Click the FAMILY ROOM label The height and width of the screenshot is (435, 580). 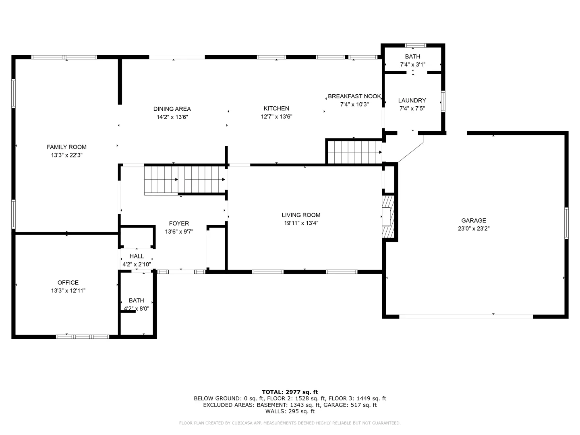(66, 147)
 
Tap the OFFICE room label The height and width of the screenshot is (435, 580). (68, 282)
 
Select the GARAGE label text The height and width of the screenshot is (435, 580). (474, 220)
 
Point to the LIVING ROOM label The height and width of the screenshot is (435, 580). (301, 215)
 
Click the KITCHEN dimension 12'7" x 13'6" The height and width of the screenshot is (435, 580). (276, 116)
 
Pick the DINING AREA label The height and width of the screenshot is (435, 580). (172, 109)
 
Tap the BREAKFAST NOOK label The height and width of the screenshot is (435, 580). (354, 96)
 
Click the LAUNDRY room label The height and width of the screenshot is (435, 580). (412, 100)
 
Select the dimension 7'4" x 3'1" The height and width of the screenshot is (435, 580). (412, 64)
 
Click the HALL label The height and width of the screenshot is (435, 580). (137, 256)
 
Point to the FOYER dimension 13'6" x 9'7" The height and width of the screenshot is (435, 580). (179, 231)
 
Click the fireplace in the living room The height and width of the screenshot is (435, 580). (388, 217)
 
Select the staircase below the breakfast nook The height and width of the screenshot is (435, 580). (355, 152)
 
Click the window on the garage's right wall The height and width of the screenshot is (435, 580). (566, 223)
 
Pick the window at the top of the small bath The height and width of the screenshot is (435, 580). (415, 46)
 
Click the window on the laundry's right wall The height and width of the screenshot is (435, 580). (443, 101)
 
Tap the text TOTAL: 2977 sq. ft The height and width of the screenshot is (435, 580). (290, 392)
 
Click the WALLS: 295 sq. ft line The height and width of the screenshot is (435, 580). (290, 411)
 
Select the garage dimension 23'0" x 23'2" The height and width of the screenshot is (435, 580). (474, 228)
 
